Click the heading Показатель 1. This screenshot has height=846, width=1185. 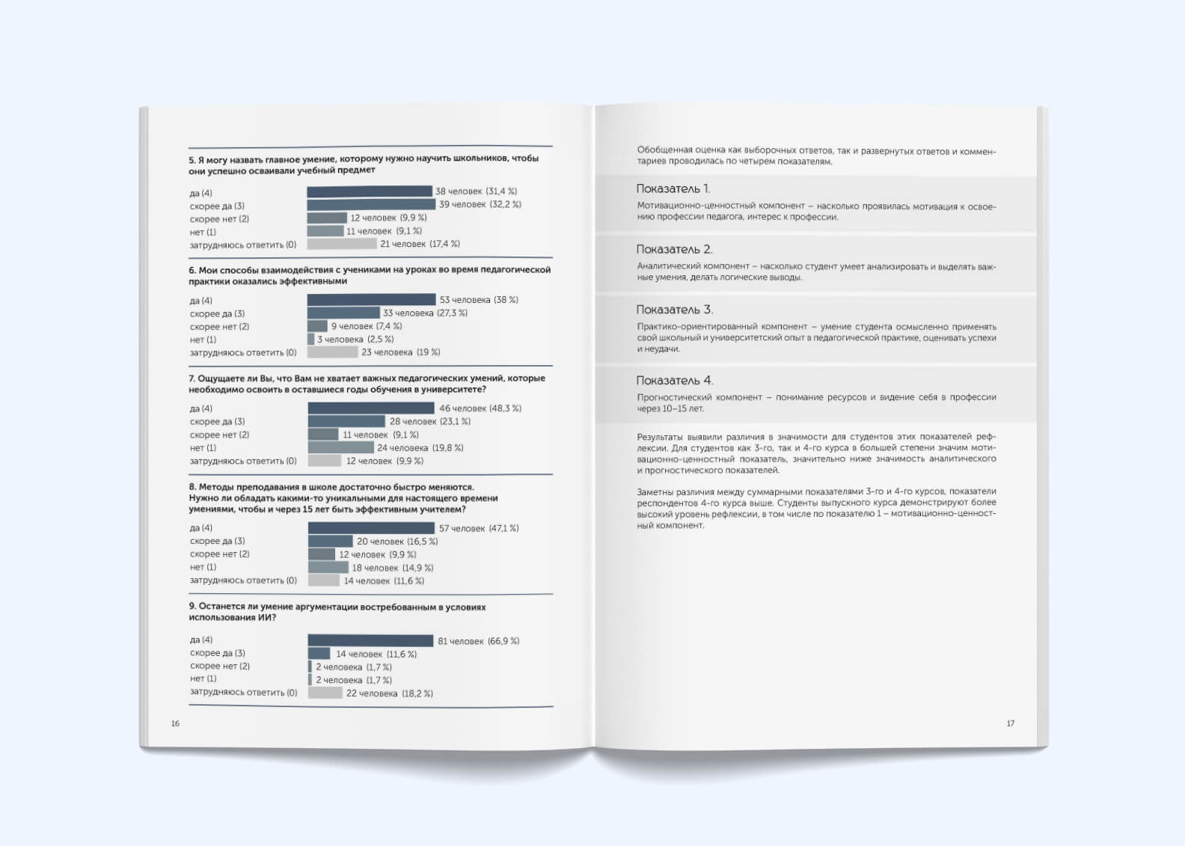673,189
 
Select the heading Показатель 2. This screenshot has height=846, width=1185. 674,249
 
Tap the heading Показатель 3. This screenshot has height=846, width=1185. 674,310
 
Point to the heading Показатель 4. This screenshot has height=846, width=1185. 674,381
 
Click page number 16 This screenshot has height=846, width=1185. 175,723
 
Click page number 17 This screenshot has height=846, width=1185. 1010,723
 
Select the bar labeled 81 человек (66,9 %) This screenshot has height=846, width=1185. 370,641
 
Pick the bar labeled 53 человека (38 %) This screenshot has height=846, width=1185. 371,300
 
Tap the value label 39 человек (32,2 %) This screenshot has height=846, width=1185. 480,204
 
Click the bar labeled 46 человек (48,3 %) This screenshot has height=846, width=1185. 371,408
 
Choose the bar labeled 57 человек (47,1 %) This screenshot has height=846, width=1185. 371,528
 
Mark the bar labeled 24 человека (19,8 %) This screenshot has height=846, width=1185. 341,447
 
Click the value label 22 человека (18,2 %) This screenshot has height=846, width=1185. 389,693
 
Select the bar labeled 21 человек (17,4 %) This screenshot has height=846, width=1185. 342,244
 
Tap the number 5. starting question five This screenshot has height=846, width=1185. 192,159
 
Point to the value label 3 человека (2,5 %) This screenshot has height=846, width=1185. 355,340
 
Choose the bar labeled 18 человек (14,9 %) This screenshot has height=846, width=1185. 328,568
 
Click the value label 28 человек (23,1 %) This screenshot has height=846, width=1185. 430,422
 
